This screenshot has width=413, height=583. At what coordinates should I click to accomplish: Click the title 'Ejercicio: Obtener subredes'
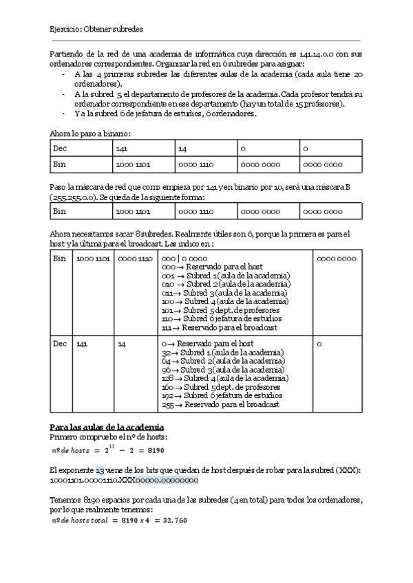[96, 30]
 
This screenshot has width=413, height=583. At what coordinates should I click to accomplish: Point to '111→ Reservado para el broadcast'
[218, 328]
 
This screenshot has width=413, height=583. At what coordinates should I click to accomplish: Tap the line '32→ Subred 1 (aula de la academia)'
[222, 352]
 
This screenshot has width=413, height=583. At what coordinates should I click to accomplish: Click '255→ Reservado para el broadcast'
[220, 405]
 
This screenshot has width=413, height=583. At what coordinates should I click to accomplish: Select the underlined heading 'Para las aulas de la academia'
[107, 428]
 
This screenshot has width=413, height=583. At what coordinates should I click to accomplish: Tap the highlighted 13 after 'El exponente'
[100, 470]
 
